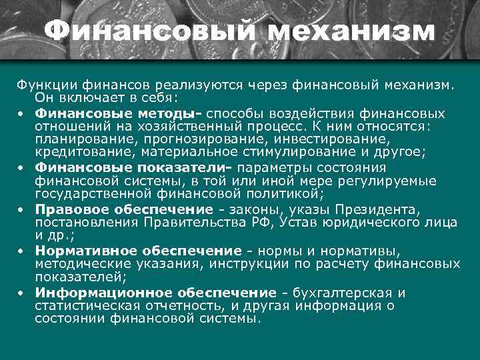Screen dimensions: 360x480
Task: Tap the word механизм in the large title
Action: (347, 31)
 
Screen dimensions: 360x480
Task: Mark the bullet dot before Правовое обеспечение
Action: (21, 211)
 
